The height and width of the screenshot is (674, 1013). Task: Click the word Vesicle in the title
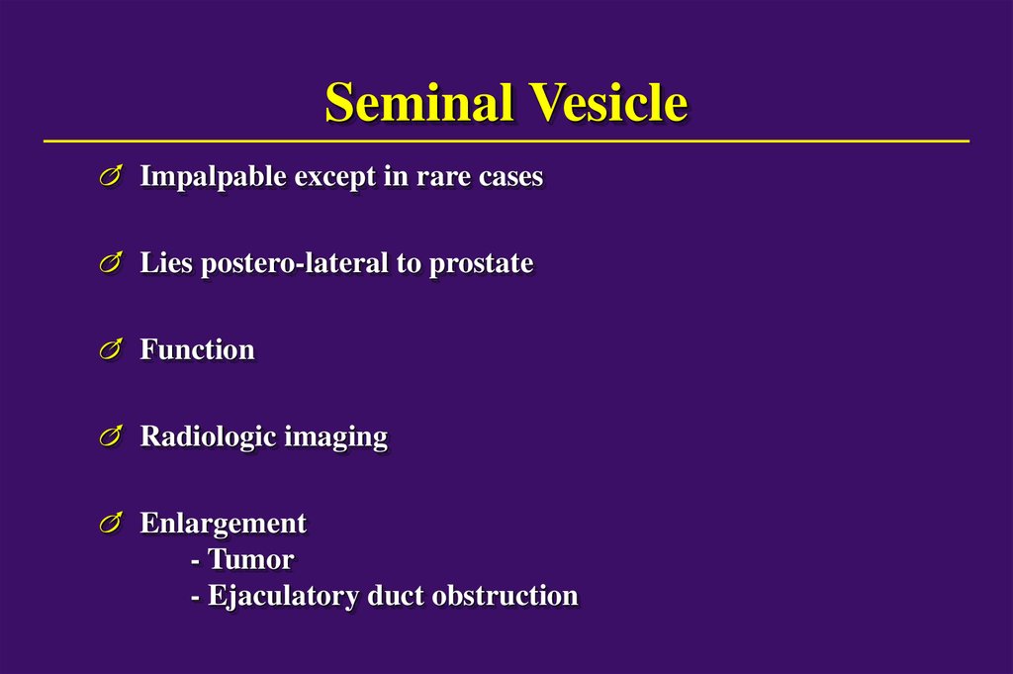coord(607,103)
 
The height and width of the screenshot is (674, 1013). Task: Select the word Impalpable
coord(204,178)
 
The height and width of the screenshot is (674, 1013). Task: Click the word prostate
coord(481,264)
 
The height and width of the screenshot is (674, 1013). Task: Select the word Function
coord(197,350)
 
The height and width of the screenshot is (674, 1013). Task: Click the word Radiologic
coord(208,436)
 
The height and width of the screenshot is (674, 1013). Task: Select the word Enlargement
coord(224,524)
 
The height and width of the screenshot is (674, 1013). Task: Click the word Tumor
coord(250,560)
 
